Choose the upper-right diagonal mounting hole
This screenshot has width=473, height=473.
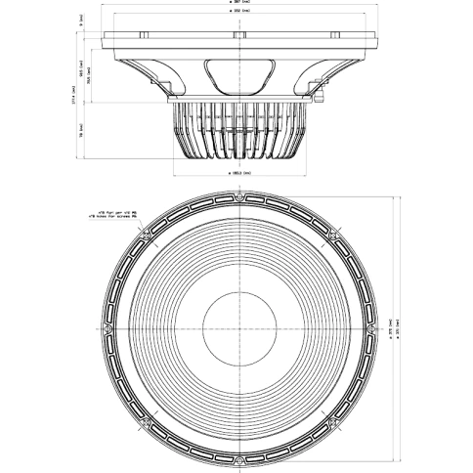click(x=330, y=234)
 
